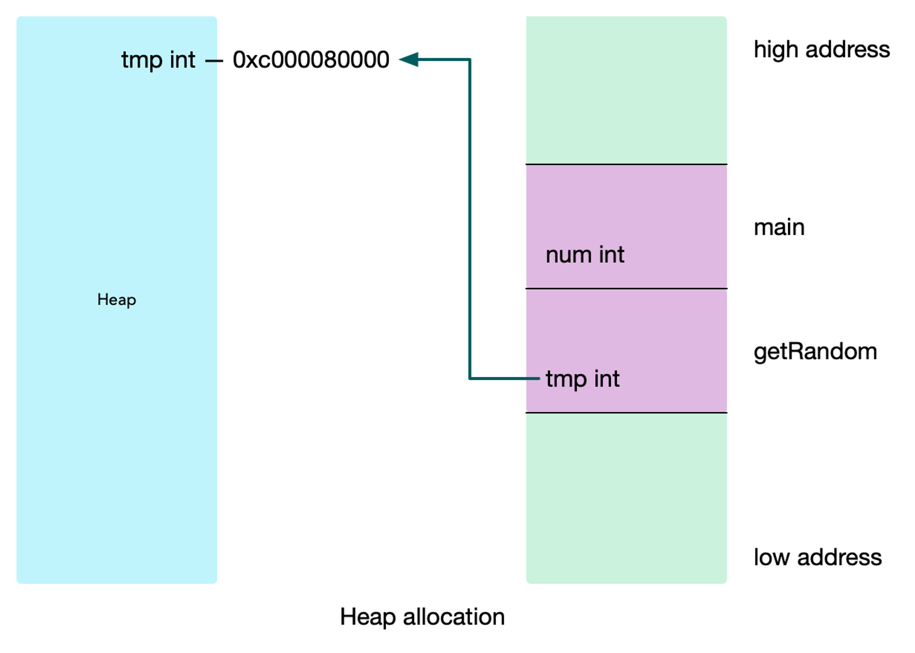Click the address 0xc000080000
(311, 60)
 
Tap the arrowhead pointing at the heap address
(409, 59)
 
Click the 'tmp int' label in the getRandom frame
(583, 380)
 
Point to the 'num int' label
(585, 255)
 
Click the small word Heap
(117, 300)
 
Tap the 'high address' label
(821, 50)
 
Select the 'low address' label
(818, 558)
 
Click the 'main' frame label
(779, 227)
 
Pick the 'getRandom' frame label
(815, 352)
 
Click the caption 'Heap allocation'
(422, 617)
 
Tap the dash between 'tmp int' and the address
(214, 60)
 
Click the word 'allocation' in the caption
(454, 617)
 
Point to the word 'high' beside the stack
(776, 50)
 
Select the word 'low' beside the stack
(772, 558)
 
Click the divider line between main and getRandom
(626, 289)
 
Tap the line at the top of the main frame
(626, 164)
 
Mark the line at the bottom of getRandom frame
(626, 413)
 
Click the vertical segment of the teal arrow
(470, 219)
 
